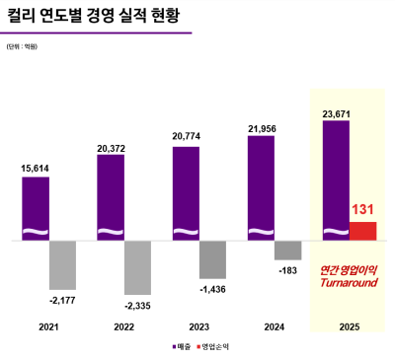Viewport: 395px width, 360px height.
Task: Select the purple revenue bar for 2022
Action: coord(111,197)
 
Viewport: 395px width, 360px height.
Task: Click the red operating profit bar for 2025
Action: coord(363,231)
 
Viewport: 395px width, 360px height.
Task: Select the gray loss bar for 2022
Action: coord(137,266)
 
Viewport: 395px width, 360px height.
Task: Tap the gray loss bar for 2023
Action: coord(212,258)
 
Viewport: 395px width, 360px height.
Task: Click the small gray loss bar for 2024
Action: coord(287,251)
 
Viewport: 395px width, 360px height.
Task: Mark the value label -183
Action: coord(287,269)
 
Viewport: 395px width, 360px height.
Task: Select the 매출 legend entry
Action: coord(181,347)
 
